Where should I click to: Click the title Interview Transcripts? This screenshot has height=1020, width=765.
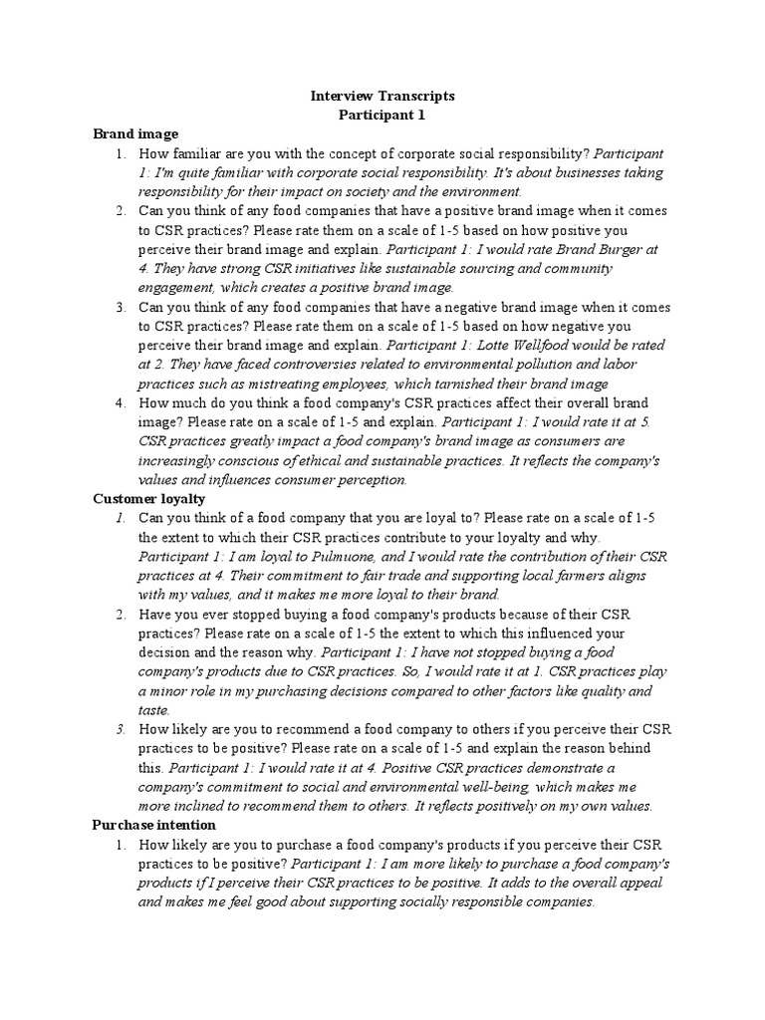pyautogui.click(x=382, y=96)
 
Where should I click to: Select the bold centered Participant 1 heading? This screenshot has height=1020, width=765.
pyautogui.click(x=382, y=115)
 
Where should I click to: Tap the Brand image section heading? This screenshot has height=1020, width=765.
pyautogui.click(x=135, y=133)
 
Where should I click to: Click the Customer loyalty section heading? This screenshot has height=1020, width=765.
pyautogui.click(x=148, y=499)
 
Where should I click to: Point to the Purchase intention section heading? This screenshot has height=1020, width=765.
pyautogui.click(x=153, y=826)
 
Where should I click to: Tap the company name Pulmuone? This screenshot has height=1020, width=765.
pyautogui.click(x=330, y=556)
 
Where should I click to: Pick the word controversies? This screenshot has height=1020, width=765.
pyautogui.click(x=307, y=365)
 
